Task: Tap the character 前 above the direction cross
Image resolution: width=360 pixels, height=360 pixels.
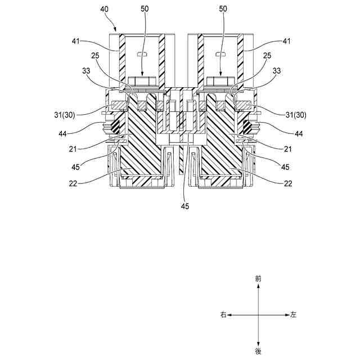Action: coord(258,278)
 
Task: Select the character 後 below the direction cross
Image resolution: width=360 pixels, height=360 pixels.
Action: coord(258,350)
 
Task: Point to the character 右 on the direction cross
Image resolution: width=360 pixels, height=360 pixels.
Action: coord(223,315)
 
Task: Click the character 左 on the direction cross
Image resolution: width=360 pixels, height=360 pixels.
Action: coord(293,315)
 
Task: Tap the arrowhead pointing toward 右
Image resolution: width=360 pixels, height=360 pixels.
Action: coord(230,315)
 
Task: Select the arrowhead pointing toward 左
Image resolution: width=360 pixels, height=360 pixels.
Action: coord(286,315)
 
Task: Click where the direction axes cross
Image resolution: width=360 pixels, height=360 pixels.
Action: coord(258,315)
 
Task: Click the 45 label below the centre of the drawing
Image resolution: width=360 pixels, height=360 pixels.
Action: coord(184,206)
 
